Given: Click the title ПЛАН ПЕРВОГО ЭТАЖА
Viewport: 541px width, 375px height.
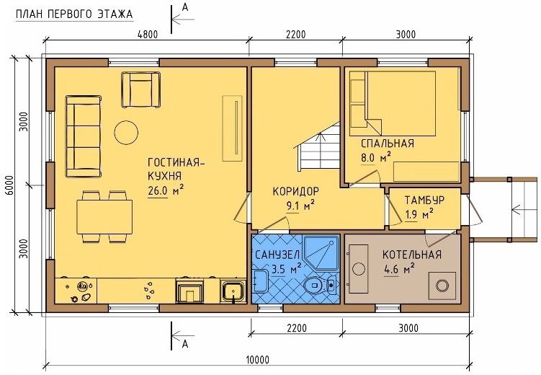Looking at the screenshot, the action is point(74,14).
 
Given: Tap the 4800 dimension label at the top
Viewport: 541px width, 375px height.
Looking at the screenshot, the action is point(148,35).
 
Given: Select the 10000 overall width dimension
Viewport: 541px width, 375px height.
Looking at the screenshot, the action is point(258,360).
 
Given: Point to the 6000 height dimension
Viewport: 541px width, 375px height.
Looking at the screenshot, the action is point(9,185).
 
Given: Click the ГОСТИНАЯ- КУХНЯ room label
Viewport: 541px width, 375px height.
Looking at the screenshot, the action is point(176,169).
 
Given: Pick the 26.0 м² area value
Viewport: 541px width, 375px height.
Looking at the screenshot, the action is point(165,190).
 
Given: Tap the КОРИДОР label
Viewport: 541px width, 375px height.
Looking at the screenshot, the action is point(296,191).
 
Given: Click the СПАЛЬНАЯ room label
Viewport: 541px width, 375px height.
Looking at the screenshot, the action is point(388,144).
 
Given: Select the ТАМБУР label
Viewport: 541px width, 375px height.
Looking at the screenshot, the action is point(424,200).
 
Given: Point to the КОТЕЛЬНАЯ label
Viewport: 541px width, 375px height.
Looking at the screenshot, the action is point(412,255).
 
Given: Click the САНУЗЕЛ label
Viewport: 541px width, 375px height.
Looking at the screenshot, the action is point(277,255).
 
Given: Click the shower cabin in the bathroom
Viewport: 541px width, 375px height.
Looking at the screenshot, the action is point(321,252).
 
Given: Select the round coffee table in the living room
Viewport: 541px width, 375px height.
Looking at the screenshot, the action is point(126,132).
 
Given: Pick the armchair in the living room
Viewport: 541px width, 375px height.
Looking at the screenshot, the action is point(140,89).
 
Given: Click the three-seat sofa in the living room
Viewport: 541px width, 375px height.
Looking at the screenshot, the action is point(84,137).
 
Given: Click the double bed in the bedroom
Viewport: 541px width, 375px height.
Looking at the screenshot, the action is point(393,103).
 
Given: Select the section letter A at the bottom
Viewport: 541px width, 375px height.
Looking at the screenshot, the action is point(185,343).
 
